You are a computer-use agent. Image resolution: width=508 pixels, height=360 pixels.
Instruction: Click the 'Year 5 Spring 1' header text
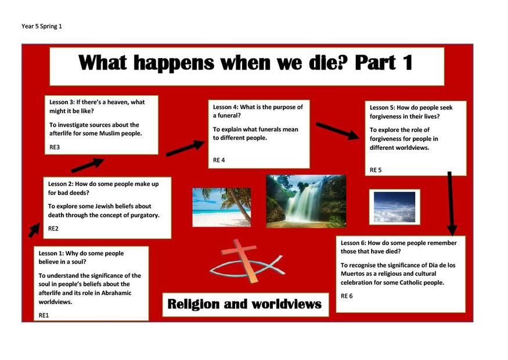pos(41,26)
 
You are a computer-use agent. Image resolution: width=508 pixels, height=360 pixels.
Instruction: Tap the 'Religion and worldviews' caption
pos(244,304)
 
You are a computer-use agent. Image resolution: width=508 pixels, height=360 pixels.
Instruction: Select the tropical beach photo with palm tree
pos(222,207)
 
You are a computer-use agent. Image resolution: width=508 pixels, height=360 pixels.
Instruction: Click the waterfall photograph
pos(306,201)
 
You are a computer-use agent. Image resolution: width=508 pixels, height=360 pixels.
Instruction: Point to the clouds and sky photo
pos(394,207)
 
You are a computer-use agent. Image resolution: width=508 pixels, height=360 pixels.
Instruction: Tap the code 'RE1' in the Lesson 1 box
pos(44,315)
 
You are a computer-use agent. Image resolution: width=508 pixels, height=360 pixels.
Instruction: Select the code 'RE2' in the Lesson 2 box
pos(53,228)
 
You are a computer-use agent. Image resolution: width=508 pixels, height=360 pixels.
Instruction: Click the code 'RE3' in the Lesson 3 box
pos(55,147)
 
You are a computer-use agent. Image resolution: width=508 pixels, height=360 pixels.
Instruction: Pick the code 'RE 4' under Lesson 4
pos(219,160)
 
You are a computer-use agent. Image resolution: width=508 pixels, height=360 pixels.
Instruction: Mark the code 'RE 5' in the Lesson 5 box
pos(376,170)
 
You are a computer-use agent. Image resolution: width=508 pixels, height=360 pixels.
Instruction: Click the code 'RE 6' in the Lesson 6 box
pos(347,296)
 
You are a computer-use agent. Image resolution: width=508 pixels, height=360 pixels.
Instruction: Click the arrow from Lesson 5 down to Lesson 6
pos(451,203)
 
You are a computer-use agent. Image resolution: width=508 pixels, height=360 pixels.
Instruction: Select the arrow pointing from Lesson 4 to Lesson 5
pos(337,131)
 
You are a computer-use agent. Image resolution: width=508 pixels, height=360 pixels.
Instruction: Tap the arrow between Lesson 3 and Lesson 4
pos(185,149)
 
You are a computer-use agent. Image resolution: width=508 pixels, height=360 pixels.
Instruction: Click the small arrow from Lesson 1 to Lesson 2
pos(34,231)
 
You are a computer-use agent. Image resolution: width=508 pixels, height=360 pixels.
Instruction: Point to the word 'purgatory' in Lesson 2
pos(144,215)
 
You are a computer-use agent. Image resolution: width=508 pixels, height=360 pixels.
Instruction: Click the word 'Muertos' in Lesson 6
pos(352,274)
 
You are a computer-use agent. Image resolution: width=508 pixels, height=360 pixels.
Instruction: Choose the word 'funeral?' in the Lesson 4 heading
pos(227,116)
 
